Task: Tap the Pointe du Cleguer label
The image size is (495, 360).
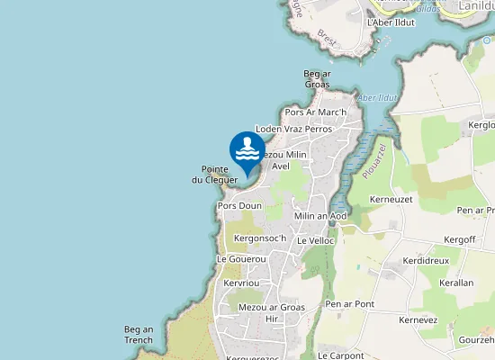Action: [214, 175]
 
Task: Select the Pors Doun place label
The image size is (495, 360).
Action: [239, 206]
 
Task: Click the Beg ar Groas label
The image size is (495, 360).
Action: [317, 79]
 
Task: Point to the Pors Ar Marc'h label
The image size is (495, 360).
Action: [315, 112]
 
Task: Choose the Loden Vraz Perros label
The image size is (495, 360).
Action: [294, 130]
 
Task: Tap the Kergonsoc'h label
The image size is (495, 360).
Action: [259, 238]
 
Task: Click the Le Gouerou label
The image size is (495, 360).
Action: [241, 259]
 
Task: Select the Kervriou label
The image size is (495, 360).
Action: [240, 283]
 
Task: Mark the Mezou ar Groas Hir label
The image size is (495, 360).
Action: [272, 312]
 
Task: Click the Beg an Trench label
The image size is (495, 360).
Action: [139, 335]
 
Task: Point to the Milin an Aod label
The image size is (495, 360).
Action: [320, 216]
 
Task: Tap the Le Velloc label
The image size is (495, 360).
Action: [315, 241]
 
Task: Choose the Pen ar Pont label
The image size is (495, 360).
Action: [350, 304]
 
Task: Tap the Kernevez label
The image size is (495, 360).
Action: [418, 320]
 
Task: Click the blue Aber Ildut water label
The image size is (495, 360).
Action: [377, 97]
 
